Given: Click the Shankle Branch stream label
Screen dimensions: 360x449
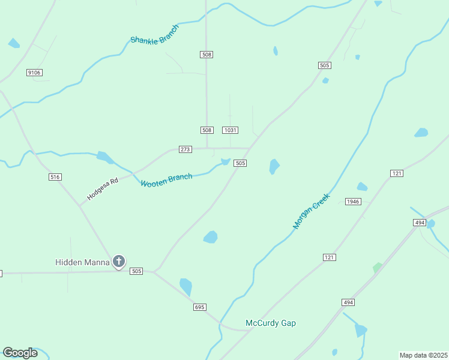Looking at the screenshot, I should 155,34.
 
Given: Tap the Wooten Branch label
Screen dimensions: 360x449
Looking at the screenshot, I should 166,179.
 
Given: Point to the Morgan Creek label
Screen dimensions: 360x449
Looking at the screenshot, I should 312,211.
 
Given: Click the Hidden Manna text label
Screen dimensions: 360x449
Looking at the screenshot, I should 82,262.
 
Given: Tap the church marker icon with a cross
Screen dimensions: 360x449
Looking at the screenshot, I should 119,262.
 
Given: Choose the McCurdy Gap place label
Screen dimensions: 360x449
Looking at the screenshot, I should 271,323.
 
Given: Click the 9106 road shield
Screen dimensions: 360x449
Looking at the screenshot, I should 34,73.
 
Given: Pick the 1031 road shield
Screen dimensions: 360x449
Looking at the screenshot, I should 231,130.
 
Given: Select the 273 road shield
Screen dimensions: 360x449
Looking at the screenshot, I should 185,149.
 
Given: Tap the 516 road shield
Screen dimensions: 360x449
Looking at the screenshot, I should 55,177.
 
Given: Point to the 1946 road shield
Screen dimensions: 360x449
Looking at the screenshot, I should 353,202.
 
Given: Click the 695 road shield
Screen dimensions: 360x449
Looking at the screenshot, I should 200,307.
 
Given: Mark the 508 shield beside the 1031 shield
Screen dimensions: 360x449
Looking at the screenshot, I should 206,130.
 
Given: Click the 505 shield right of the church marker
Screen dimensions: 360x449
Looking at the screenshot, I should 136,271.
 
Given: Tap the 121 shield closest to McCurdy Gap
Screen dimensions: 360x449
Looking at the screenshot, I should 328,257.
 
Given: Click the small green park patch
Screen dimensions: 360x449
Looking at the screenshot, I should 377,268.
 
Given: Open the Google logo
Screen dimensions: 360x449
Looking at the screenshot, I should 20,353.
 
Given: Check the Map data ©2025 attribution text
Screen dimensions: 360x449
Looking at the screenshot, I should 423,355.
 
